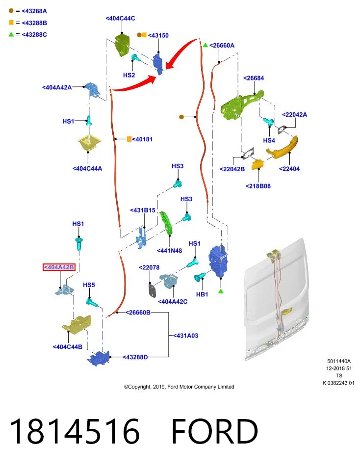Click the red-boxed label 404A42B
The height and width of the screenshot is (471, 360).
point(59,267)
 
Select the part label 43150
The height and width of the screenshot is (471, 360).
point(158,35)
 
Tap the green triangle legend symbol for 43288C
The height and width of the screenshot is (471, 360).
point(11,34)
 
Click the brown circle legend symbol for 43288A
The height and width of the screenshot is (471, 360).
point(11,11)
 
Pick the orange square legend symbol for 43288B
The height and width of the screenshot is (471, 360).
point(11,23)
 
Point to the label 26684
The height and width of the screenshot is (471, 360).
point(254,78)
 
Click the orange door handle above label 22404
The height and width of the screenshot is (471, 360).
point(282,147)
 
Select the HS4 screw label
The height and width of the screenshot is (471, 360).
point(269,140)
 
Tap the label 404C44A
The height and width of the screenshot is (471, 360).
point(87,168)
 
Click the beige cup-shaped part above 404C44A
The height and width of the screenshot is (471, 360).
point(89,144)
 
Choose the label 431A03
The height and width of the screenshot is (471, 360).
point(186,336)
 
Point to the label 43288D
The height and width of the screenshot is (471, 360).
point(135,357)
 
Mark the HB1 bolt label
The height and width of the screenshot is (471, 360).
point(202,294)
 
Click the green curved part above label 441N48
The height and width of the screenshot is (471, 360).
point(166,223)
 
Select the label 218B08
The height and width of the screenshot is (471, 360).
point(258,186)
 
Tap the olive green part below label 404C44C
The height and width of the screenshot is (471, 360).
point(122,45)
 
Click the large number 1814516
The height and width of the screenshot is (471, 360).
point(75,431)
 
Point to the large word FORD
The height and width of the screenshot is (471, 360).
point(215,431)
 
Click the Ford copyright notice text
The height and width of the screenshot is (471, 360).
point(179,387)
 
